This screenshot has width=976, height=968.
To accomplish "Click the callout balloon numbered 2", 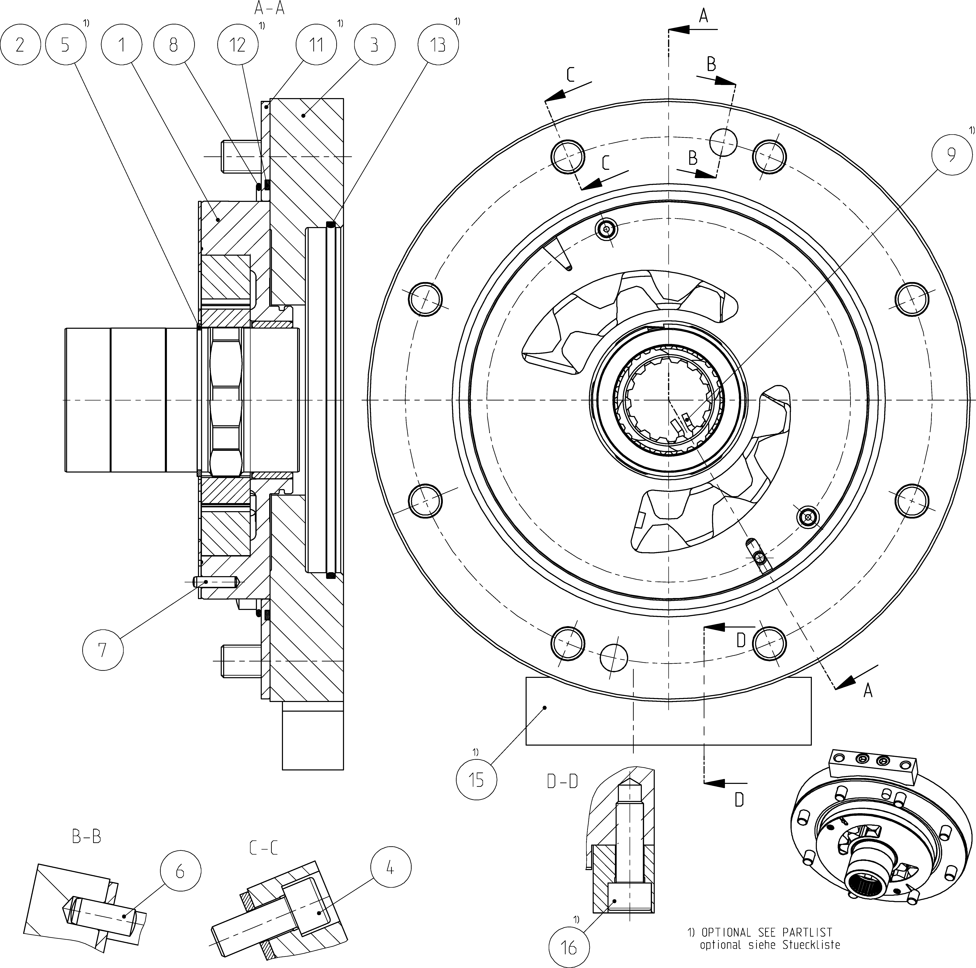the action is point(20,45).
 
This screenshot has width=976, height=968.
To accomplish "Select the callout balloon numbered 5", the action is point(65,45).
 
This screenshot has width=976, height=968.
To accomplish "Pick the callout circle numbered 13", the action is point(438,45).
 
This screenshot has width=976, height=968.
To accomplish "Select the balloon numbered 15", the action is point(476,780).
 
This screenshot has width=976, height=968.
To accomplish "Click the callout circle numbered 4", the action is point(391,867).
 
